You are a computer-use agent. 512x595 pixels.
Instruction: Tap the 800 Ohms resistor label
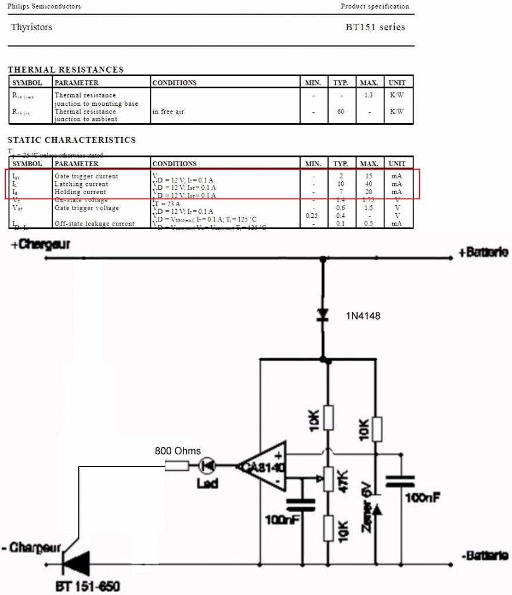tap(178, 451)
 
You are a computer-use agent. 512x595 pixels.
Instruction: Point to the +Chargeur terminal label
tap(40, 245)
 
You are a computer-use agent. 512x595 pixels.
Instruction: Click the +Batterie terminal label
tap(484, 252)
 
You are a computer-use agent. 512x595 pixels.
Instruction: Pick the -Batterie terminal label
tap(485, 555)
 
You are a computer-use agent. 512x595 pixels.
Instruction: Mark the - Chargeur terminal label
tap(31, 548)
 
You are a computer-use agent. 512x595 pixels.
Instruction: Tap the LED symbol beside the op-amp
tap(207, 465)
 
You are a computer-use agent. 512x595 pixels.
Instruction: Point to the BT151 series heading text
tap(375, 27)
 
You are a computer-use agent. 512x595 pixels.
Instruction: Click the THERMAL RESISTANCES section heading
tap(66, 70)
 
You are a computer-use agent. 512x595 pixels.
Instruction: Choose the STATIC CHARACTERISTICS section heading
tap(71, 140)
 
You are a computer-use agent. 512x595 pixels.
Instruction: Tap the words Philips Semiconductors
tap(44, 6)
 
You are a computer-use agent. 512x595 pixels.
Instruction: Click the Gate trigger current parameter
tap(86, 176)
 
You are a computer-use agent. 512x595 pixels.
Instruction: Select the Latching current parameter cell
tap(81, 184)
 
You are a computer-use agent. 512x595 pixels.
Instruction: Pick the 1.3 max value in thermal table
tap(369, 95)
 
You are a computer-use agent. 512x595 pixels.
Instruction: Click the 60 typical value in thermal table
tap(340, 112)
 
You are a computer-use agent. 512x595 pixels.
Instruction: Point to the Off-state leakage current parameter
tap(94, 224)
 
